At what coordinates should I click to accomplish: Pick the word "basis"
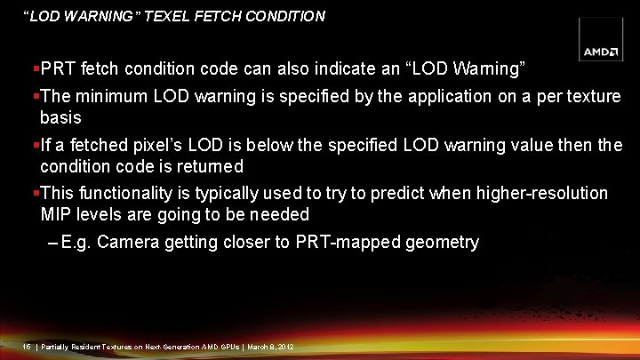60,117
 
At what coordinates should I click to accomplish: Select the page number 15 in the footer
26,346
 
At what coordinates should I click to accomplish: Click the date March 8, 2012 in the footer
270,346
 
